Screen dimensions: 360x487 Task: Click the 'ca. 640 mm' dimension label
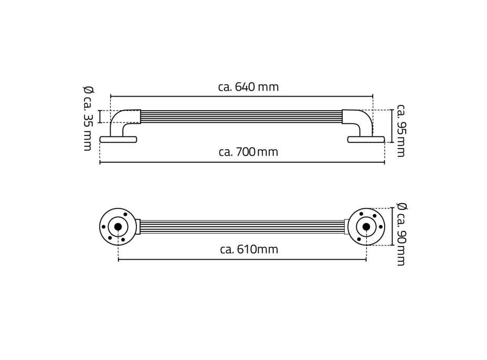point(248,87)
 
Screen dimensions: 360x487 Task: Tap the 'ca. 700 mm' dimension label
point(248,153)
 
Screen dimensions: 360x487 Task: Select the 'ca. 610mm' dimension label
point(249,250)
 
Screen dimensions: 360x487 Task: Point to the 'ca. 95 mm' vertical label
point(401,131)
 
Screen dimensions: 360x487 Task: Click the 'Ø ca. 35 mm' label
point(87,118)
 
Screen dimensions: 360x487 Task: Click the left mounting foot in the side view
point(118,139)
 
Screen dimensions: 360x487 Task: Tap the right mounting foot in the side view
point(366,139)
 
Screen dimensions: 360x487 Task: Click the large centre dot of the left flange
point(118,227)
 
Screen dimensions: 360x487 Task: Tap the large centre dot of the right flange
point(366,227)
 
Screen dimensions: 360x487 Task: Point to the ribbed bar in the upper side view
point(241,117)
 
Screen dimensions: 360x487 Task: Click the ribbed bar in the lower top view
point(241,227)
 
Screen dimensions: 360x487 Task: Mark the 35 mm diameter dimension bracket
point(100,117)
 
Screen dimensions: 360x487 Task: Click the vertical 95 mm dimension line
point(392,126)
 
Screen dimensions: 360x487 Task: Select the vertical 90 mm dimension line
point(392,227)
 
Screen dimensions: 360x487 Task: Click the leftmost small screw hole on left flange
point(103,227)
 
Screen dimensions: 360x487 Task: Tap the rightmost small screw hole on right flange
point(381,227)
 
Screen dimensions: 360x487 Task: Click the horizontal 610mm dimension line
point(241,260)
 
